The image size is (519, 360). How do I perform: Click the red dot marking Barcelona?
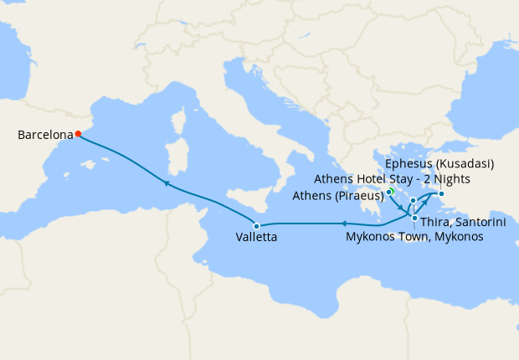(78, 133)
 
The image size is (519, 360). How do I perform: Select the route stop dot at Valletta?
(257, 226)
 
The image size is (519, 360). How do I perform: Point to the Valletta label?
(257, 238)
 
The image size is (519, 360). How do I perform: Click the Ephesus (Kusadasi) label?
(439, 162)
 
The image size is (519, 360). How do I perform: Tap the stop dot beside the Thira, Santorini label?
(415, 218)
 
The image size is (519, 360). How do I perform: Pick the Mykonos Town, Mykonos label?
(414, 237)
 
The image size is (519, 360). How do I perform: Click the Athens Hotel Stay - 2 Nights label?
(392, 178)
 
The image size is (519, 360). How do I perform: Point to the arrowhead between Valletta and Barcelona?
(167, 182)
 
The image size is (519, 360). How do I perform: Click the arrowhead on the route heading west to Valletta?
(342, 223)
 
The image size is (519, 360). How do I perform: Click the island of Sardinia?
(177, 158)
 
